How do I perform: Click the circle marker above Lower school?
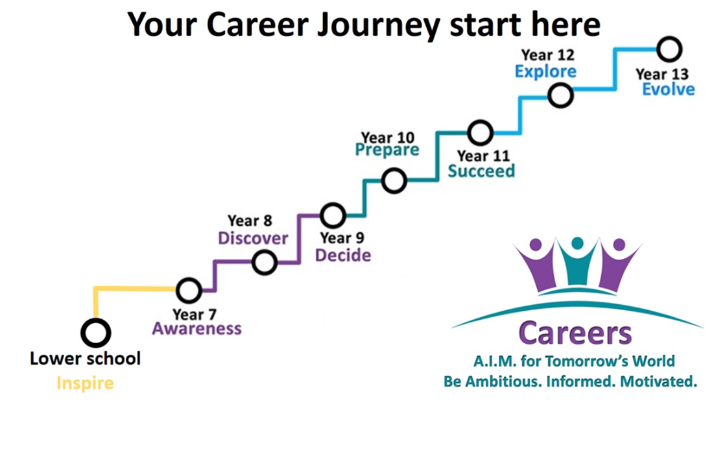point(95,320)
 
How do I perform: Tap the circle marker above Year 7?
point(189,279)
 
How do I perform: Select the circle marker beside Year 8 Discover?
point(265,252)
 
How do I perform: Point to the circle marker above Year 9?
point(333,204)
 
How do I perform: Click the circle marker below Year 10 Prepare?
point(394,169)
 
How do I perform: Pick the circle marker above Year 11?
point(481,121)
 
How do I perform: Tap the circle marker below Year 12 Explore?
point(560,84)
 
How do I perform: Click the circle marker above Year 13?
point(669,38)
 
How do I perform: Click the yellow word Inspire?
point(85,383)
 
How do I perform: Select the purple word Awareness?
point(196,328)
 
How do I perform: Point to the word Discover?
point(253,238)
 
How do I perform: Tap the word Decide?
point(343,255)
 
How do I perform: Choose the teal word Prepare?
point(387,151)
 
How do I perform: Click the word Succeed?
point(481,171)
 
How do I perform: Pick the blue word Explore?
point(545,72)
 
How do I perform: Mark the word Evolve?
point(669,90)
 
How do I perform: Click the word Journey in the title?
point(379,25)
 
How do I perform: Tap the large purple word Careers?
point(575,333)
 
